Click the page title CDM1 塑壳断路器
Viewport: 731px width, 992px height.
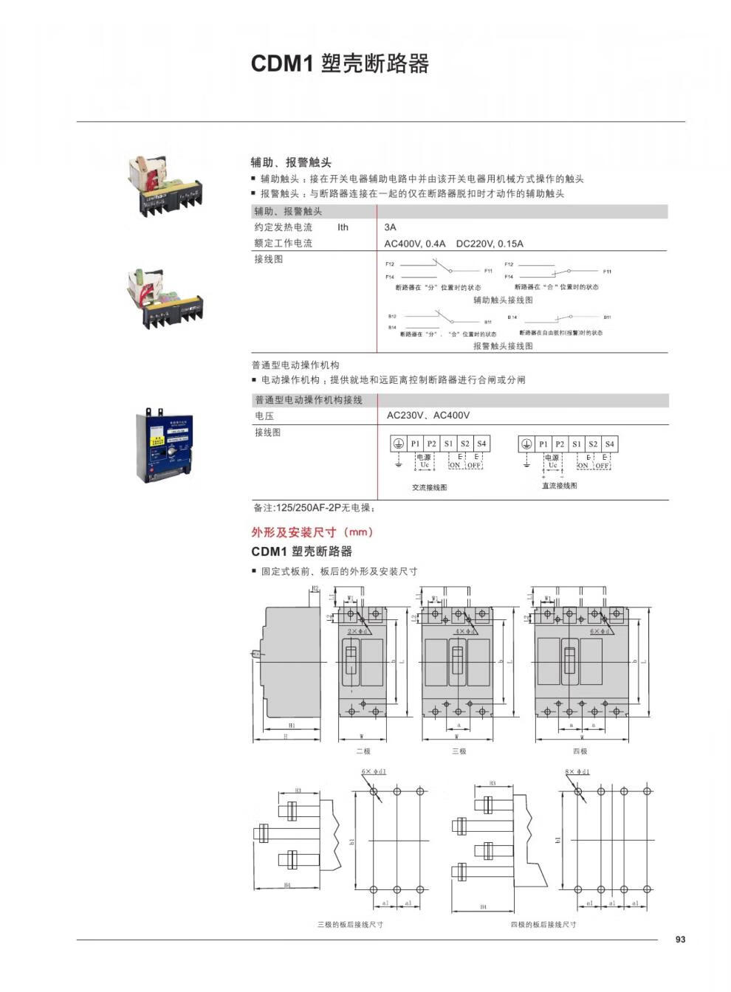[340, 63]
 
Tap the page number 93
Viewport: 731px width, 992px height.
[680, 940]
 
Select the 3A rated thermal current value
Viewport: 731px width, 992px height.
[391, 227]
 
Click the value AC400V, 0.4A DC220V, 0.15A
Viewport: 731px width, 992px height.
[453, 244]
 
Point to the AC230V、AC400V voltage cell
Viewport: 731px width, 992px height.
[428, 416]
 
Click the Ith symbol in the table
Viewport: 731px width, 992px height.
[343, 227]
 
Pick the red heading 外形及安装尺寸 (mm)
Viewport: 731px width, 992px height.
[312, 532]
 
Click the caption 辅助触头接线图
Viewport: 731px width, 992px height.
[503, 300]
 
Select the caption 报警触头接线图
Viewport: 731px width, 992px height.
[503, 345]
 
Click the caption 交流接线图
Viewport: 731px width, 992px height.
[429, 488]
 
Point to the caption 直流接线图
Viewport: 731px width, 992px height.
[560, 486]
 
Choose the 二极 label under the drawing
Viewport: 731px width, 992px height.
[363, 751]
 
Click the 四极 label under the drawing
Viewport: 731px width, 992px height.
[580, 751]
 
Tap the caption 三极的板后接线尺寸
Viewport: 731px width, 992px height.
[350, 925]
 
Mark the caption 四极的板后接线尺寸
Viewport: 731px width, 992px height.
[543, 925]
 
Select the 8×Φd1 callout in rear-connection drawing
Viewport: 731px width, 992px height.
[578, 772]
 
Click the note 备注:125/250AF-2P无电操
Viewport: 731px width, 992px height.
[315, 509]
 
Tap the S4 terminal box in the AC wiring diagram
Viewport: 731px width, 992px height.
[481, 444]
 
